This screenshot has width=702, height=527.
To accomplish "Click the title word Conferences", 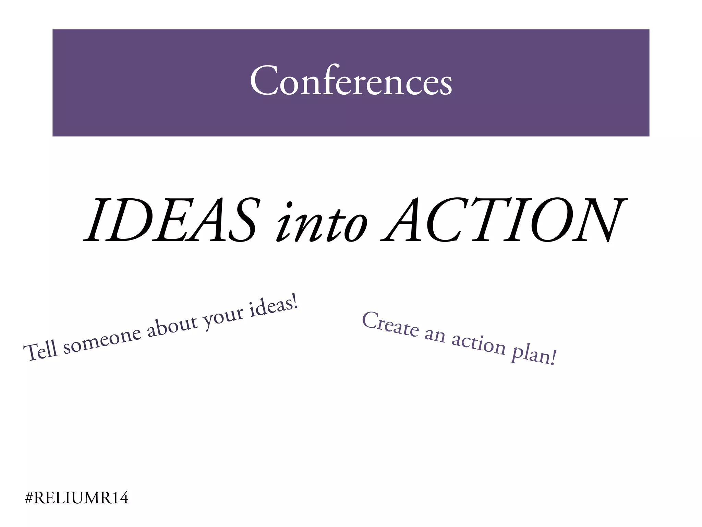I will pos(351,81).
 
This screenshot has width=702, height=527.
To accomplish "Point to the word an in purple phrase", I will pos(435,334).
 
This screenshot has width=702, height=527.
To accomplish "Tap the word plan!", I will pos(533,355).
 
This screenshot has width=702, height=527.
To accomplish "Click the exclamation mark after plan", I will pos(552,358).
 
